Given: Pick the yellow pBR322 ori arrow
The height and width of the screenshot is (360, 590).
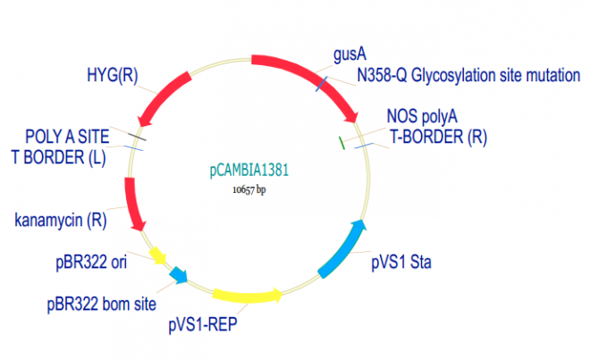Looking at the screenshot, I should tap(159, 256).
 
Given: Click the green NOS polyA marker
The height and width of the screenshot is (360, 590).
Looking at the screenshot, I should tap(341, 141).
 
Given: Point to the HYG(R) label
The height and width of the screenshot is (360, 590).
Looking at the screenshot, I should tap(112, 73).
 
